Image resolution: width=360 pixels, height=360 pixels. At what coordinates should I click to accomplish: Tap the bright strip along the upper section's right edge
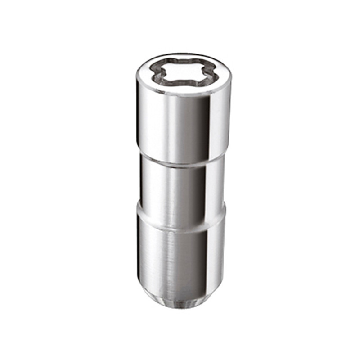tap(221, 126)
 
